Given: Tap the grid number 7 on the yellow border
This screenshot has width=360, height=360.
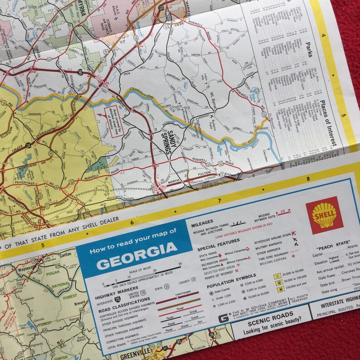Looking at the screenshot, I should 219,200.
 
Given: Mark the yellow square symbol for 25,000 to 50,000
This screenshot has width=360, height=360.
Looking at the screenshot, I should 276,276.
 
